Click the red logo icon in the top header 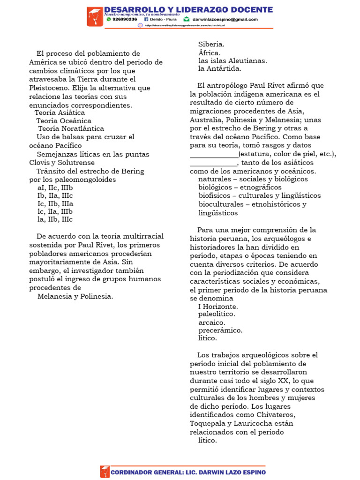point(95,17)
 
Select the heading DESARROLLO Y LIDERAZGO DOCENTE point(188,9)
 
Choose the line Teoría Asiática point(60,113)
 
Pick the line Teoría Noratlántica point(71,128)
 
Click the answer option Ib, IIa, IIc point(55,196)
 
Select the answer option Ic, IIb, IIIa point(55,204)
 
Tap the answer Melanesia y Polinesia point(75,296)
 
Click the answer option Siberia point(211,44)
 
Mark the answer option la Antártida point(220,69)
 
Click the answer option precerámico point(220,330)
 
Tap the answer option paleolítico point(217,314)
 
